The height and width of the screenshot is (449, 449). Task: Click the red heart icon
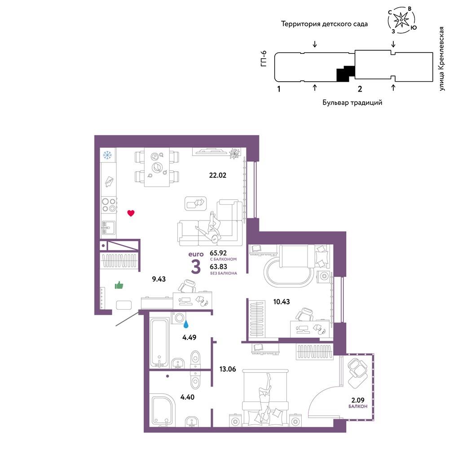(x=131, y=213)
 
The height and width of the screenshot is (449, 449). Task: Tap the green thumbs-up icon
(x=119, y=285)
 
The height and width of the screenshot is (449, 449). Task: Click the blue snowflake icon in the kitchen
(x=107, y=155)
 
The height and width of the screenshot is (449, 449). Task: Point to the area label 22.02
(x=218, y=175)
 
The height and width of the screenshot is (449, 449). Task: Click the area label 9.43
(x=158, y=279)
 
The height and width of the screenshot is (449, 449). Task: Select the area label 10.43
(x=282, y=302)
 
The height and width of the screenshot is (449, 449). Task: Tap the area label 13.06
(x=228, y=369)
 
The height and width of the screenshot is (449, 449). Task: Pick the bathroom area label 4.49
(x=189, y=337)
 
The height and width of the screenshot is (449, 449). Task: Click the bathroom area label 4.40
(x=187, y=397)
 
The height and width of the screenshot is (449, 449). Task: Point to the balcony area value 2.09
(x=358, y=400)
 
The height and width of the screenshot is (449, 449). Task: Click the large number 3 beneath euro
(x=196, y=267)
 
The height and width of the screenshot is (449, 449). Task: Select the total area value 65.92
(x=218, y=253)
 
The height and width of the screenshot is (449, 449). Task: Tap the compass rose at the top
(x=402, y=19)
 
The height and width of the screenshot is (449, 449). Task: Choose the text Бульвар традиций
(x=352, y=102)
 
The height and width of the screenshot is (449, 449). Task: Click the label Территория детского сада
(x=324, y=24)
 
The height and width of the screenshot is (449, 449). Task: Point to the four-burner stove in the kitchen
(x=109, y=205)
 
